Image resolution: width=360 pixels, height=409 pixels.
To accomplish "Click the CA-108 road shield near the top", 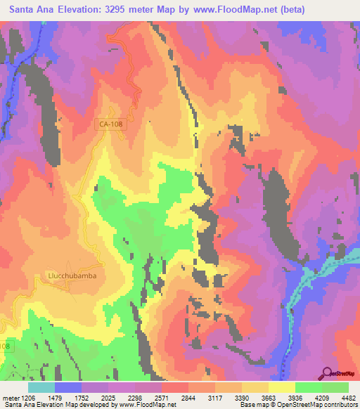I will point(108,124).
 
